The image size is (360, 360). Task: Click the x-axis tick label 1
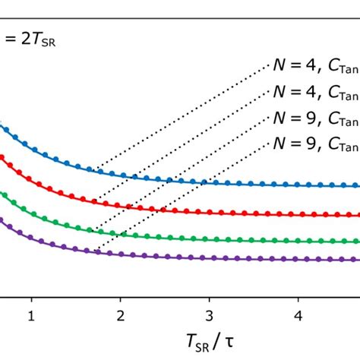[31, 315]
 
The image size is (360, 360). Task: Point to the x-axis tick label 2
[121, 315]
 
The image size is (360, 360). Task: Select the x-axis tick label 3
[210, 315]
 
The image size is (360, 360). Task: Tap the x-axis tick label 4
[299, 315]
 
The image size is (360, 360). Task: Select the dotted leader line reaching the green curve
[182, 174]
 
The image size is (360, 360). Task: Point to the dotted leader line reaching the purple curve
[182, 200]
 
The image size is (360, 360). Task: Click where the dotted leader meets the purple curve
[98, 251]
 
